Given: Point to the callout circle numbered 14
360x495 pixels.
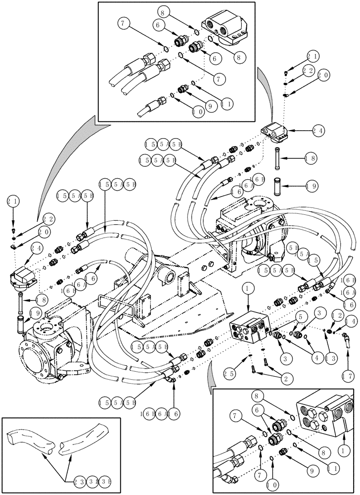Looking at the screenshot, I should point(350,322).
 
